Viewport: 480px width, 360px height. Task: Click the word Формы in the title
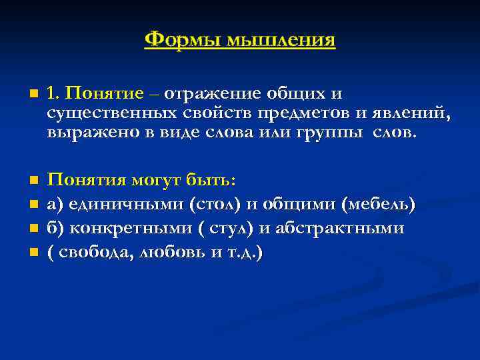coord(181,40)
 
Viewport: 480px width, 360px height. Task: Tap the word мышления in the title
coord(280,40)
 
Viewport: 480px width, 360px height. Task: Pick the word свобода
coord(91,252)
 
